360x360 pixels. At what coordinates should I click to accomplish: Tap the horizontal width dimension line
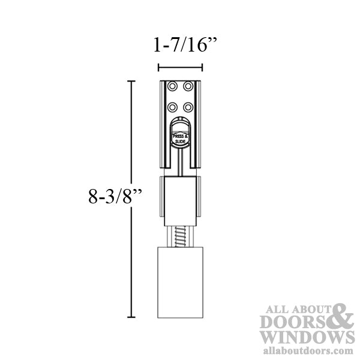(180, 67)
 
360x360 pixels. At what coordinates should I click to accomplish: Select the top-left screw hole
(173, 86)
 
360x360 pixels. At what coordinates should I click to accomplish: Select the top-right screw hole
(188, 86)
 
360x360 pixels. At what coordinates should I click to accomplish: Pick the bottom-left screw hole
(173, 107)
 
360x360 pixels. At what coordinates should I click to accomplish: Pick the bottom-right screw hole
(188, 107)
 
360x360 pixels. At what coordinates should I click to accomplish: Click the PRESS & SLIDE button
(180, 138)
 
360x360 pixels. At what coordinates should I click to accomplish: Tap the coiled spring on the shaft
(180, 233)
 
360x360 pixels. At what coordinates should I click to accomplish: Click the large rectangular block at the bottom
(180, 282)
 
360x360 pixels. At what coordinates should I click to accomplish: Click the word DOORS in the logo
(295, 322)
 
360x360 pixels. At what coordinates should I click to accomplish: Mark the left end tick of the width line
(158, 67)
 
